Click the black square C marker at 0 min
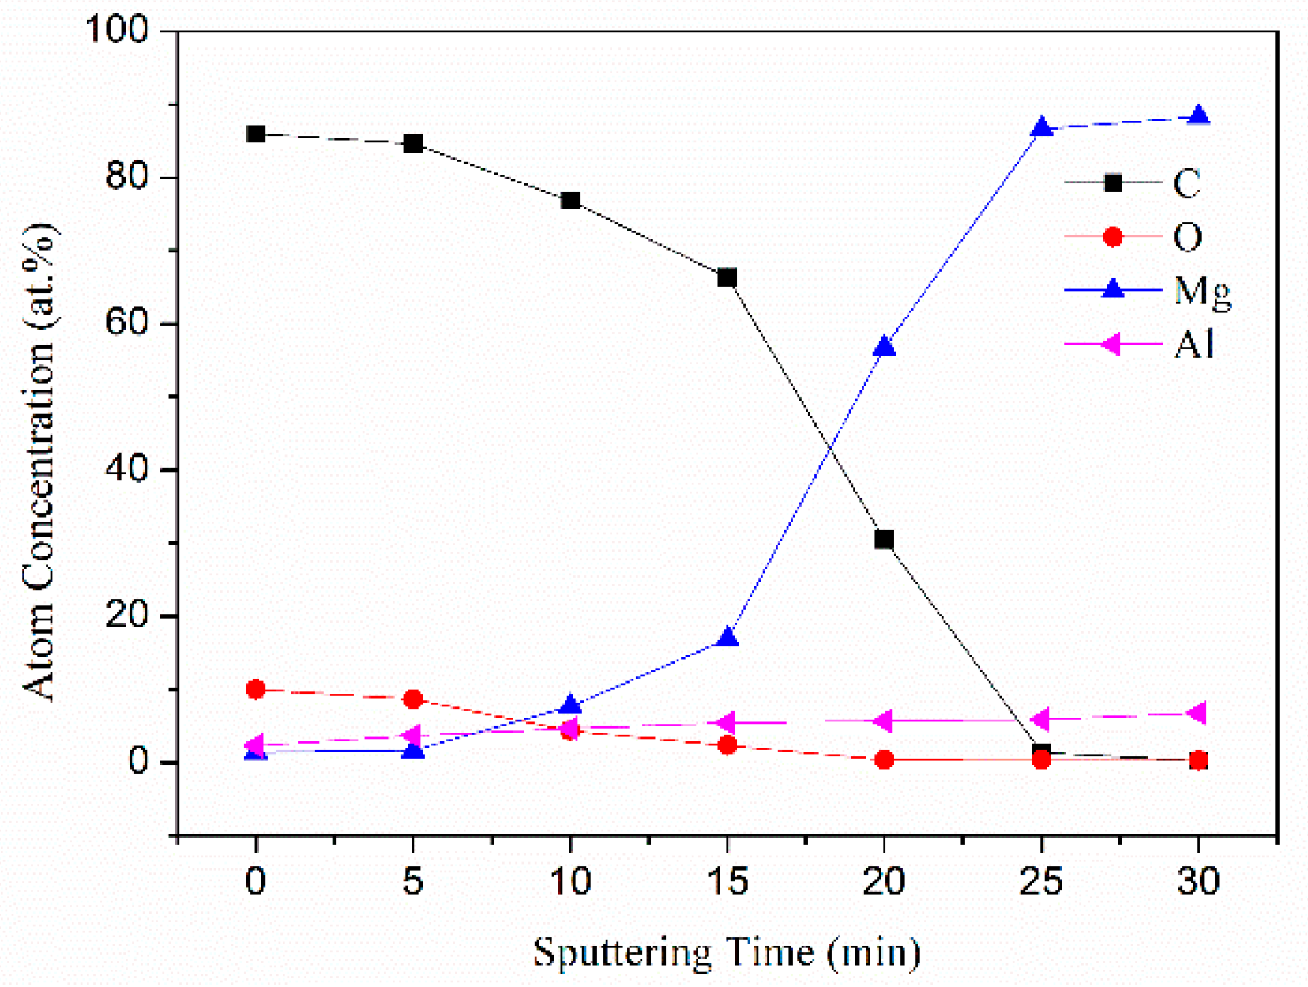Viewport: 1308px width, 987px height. [255, 134]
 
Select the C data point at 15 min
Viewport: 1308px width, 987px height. [727, 278]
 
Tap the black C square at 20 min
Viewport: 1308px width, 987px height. [884, 540]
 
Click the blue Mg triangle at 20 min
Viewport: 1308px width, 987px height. [884, 347]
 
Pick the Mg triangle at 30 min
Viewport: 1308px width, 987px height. [1198, 116]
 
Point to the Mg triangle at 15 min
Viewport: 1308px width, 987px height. [727, 639]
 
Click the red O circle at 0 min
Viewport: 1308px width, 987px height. [255, 689]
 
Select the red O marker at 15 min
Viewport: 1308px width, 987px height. [727, 745]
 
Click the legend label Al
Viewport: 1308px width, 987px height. [1193, 345]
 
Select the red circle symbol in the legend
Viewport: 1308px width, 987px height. [1112, 237]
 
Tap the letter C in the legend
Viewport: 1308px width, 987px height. [1186, 183]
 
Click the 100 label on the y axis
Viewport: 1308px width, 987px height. [116, 32]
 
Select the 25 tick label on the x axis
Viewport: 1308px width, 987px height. [1041, 881]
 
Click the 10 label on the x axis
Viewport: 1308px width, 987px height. [569, 881]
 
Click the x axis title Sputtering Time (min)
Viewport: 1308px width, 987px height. [727, 952]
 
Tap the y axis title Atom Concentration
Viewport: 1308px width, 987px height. [39, 462]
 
